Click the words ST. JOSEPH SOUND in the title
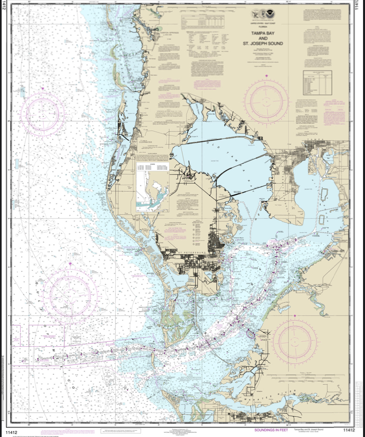(263, 43)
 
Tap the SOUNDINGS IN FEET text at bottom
(271, 430)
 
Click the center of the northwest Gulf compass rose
(43, 113)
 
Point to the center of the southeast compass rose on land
(295, 341)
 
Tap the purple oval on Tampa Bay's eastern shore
(250, 333)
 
